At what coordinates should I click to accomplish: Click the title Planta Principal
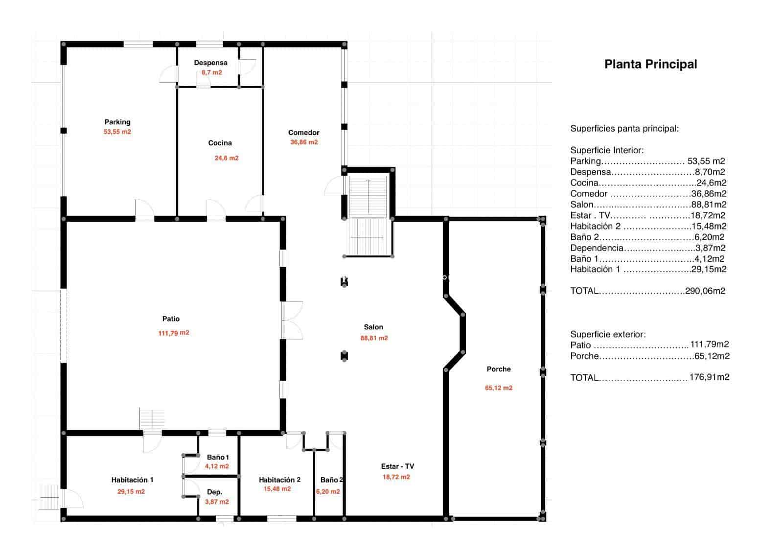[x=650, y=64]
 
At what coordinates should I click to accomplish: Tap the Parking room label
[x=117, y=122]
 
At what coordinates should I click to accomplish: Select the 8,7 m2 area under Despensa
[x=211, y=72]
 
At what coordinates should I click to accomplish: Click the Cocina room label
[x=220, y=143]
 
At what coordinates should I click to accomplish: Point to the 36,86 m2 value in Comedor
[x=304, y=142]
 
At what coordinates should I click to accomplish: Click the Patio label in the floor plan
[x=171, y=319]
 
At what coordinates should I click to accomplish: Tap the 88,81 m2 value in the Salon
[x=374, y=338]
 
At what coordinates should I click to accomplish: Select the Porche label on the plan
[x=499, y=369]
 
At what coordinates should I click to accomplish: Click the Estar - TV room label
[x=397, y=466]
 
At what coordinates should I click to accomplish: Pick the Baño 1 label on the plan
[x=218, y=457]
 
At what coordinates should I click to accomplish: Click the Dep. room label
[x=214, y=492]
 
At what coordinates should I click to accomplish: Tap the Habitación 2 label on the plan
[x=279, y=480]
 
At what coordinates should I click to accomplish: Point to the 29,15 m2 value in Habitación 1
[x=131, y=492]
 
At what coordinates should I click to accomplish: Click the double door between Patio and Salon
[x=292, y=321]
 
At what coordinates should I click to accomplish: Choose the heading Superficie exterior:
[x=608, y=334]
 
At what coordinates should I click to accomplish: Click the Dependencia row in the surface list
[x=647, y=248]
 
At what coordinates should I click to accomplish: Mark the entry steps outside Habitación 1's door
[x=49, y=497]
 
